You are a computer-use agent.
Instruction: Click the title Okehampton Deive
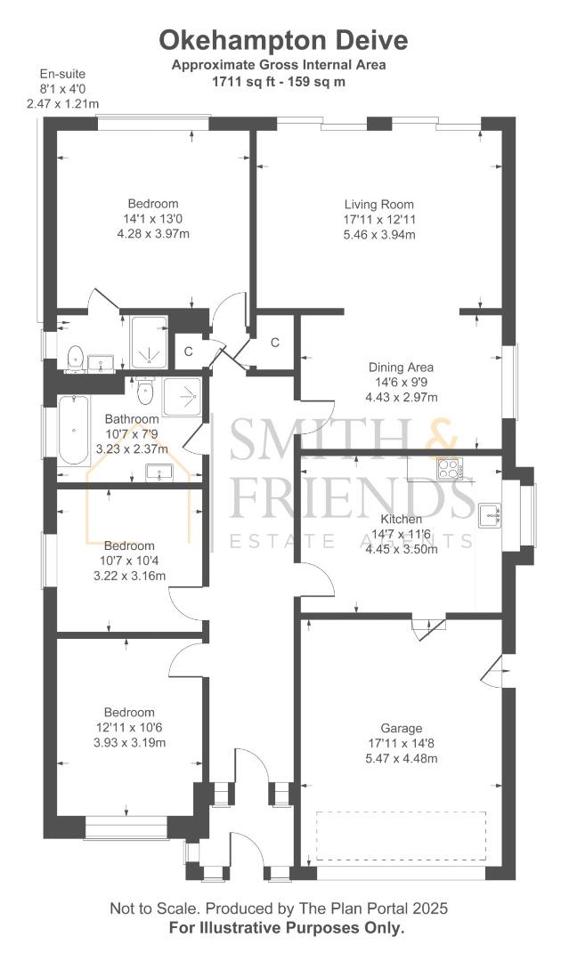pos(282,40)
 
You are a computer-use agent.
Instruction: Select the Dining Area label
pos(401,367)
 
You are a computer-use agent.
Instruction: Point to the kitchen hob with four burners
pos(448,467)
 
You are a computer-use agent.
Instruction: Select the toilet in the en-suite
pos(75,357)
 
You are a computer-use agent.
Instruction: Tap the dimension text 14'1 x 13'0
pos(152,219)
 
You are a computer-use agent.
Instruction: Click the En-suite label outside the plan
pos(62,74)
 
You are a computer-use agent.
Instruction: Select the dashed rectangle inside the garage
pos(402,836)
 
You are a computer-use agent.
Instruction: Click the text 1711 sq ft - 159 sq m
pos(279,81)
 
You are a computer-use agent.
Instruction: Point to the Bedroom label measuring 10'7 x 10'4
pos(129,545)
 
